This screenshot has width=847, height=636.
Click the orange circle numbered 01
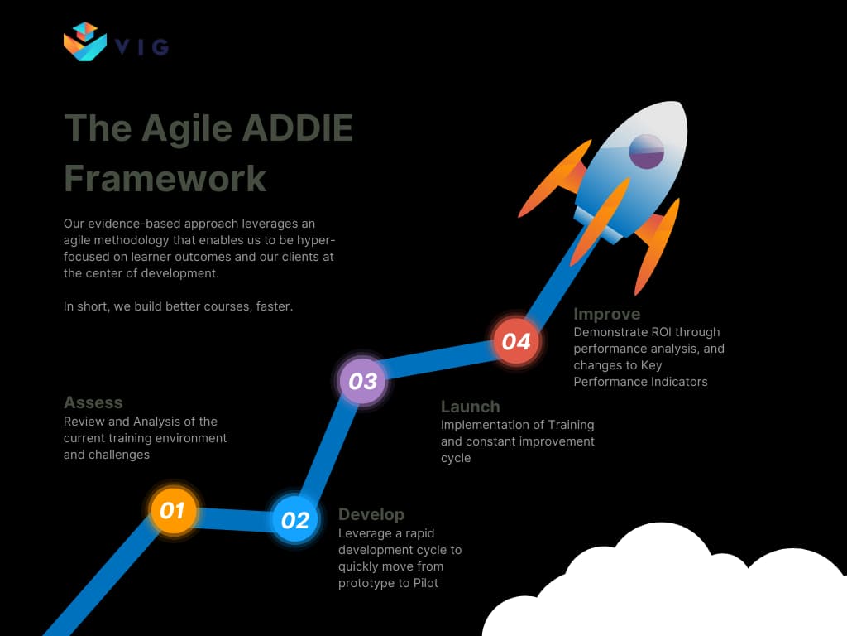tap(173, 511)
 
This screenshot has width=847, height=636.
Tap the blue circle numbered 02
tap(295, 520)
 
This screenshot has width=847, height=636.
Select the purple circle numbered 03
tap(362, 381)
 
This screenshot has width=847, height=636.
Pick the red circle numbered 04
tap(516, 341)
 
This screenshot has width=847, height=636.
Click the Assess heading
tap(93, 402)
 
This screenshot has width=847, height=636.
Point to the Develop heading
tap(371, 514)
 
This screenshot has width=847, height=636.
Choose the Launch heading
tap(470, 407)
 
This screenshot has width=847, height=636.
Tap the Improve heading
tap(606, 314)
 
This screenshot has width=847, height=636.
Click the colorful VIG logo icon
tap(85, 42)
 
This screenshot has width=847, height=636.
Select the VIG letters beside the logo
tap(142, 47)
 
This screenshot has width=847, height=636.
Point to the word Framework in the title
tap(165, 178)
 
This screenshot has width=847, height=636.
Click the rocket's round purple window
tap(647, 152)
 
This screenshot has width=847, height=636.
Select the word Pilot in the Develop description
tap(427, 583)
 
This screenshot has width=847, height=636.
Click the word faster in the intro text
tap(272, 306)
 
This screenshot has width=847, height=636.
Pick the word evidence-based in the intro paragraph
tap(132, 224)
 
